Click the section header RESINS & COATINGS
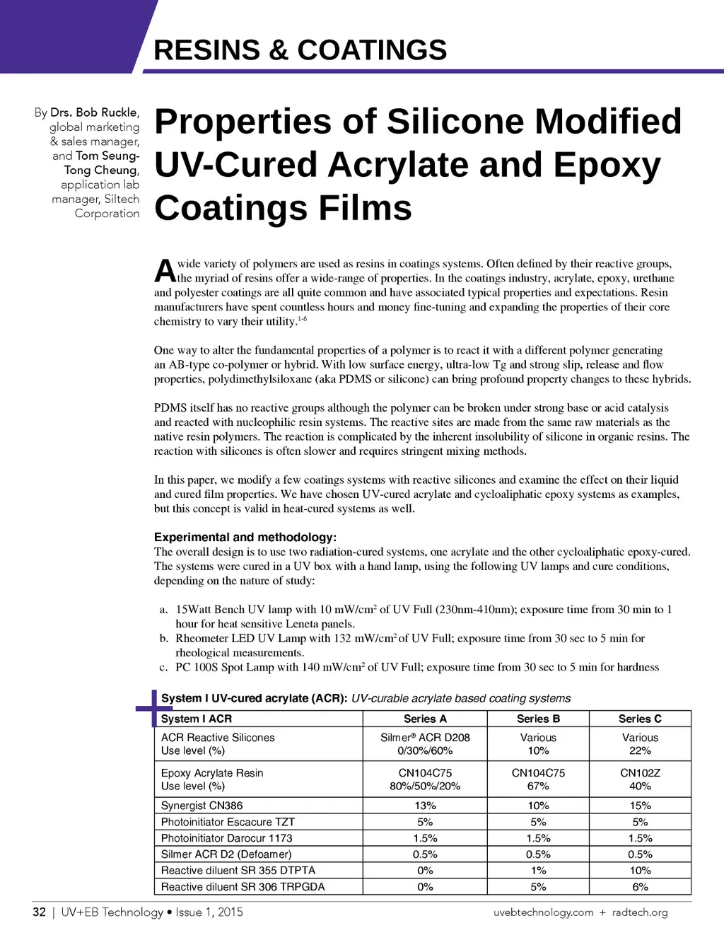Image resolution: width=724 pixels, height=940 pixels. (300, 50)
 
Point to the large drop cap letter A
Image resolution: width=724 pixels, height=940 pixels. (165, 271)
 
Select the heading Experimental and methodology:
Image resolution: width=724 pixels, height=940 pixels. (245, 537)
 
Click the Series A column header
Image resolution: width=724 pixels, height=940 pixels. (425, 719)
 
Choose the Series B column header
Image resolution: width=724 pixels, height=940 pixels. (538, 719)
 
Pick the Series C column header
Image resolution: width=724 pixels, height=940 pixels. (640, 719)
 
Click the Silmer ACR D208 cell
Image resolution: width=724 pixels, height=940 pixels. (425, 737)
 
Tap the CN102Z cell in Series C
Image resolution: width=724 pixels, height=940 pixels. (640, 773)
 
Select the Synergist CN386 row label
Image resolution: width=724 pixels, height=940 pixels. (202, 806)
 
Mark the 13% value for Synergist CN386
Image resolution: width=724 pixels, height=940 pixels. (425, 806)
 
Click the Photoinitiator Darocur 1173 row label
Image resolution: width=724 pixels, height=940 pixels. (226, 838)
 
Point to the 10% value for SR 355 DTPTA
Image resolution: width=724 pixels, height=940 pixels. (640, 871)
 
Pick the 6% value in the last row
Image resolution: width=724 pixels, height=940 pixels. (640, 887)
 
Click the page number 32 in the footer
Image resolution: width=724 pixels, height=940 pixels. (40, 912)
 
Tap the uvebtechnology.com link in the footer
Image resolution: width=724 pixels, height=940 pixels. (543, 912)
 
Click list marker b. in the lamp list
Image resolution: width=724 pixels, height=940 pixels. (163, 639)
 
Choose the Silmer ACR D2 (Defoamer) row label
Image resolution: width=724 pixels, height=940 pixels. (226, 854)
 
